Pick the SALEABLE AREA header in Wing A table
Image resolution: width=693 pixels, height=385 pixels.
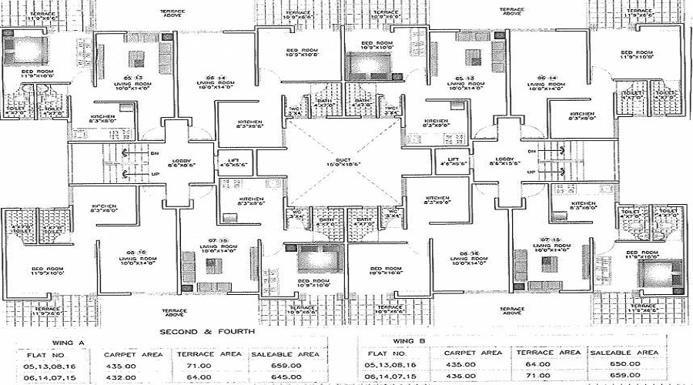pyautogui.click(x=284, y=354)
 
